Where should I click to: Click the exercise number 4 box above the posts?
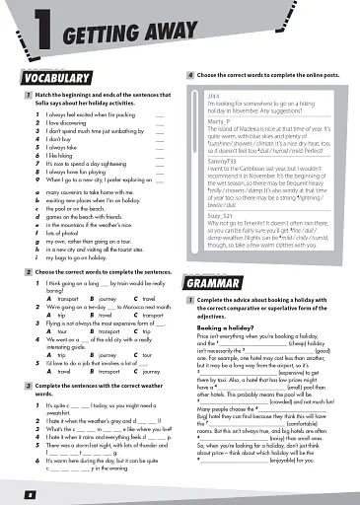point(189,76)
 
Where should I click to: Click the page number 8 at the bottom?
point(16,490)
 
